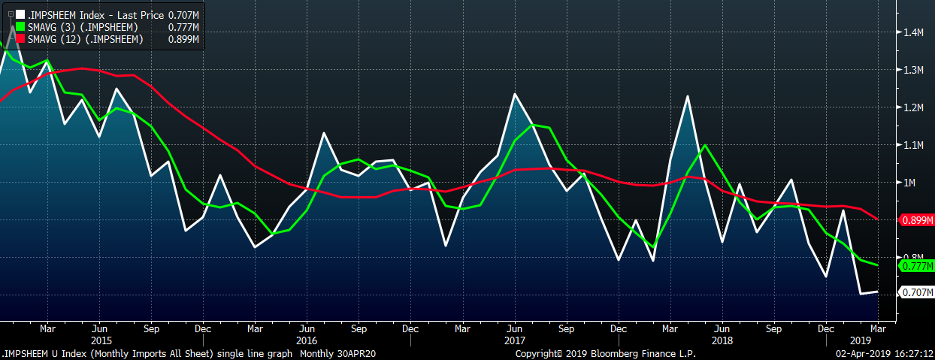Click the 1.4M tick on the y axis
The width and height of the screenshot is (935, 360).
(x=913, y=32)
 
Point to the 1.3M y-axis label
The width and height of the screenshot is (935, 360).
(x=913, y=70)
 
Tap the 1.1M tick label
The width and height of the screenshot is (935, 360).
(x=913, y=145)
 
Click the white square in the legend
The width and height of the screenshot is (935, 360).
(x=20, y=14)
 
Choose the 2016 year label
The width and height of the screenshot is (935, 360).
(x=307, y=340)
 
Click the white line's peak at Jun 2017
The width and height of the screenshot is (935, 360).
(x=515, y=94)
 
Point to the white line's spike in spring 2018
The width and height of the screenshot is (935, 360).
(x=687, y=96)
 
